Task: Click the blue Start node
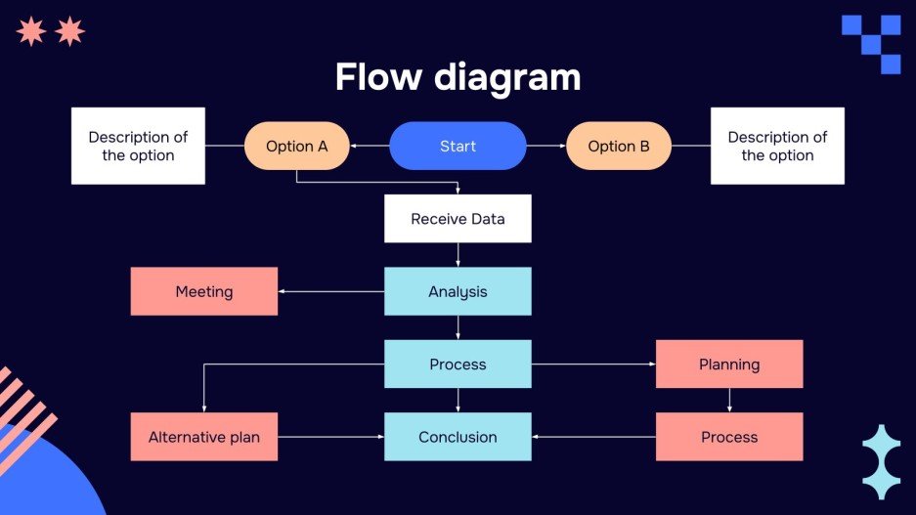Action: click(458, 147)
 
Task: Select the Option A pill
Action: click(296, 147)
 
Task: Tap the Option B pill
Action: click(619, 147)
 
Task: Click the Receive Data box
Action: click(458, 219)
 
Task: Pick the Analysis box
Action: click(458, 291)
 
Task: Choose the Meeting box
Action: click(204, 291)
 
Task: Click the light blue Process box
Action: click(458, 365)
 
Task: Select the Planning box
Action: click(729, 365)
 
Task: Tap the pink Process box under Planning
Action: click(729, 437)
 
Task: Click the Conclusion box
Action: click(458, 437)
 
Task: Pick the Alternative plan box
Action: click(204, 437)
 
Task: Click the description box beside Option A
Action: click(138, 147)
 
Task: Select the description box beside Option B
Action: click(777, 147)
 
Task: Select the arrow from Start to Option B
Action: click(546, 147)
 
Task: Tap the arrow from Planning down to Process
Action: click(729, 400)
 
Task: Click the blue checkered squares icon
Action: click(872, 43)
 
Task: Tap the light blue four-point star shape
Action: click(881, 462)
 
